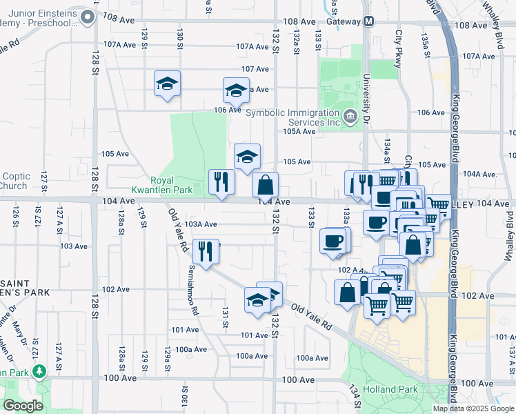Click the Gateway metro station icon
pyautogui.click(x=368, y=21)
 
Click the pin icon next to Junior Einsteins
pyautogui.click(x=86, y=17)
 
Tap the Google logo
pyautogui.click(x=23, y=406)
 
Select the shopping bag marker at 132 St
pyautogui.click(x=265, y=185)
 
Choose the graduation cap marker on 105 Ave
pyautogui.click(x=247, y=156)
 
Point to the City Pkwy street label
pyautogui.click(x=398, y=49)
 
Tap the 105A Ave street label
pyautogui.click(x=299, y=131)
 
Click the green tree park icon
pyautogui.click(x=40, y=372)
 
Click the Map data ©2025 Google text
pyautogui.click(x=473, y=408)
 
